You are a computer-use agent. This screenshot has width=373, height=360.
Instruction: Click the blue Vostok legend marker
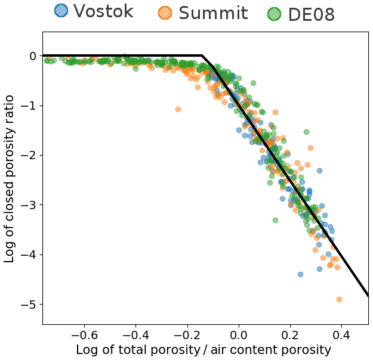point(61,11)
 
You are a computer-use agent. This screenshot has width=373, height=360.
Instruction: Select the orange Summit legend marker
point(165,13)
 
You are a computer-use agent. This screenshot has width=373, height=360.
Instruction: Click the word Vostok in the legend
point(103,11)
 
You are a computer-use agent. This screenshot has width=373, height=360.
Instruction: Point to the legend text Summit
point(213,13)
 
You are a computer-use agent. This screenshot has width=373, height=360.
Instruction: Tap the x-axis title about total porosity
point(203,350)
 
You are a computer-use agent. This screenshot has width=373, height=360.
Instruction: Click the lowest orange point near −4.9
point(339,299)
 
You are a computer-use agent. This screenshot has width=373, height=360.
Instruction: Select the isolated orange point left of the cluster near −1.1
point(178,109)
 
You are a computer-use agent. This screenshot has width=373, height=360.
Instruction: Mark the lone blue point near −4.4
point(300,274)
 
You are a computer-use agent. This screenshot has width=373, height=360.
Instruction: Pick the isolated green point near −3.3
point(275,220)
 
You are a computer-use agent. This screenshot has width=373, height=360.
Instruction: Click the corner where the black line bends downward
point(202,55)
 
